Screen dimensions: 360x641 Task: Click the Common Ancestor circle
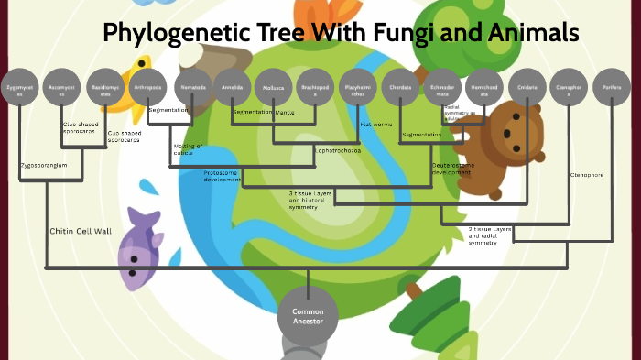(x=301, y=317)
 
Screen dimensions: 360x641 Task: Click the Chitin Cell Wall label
(x=81, y=232)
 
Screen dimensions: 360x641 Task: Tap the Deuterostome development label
(x=452, y=169)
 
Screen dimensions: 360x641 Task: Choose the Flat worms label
(x=376, y=123)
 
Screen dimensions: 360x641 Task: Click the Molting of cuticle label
(x=188, y=149)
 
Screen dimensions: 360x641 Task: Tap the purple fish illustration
(x=138, y=246)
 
